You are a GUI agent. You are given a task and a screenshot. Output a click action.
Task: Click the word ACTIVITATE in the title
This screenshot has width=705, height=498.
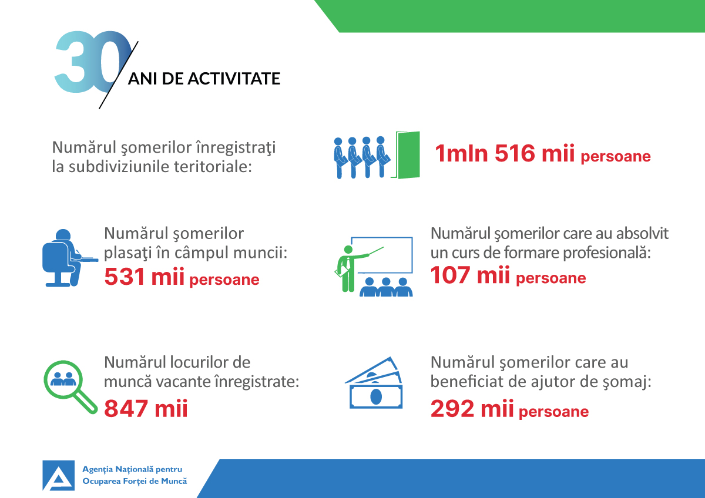(x=234, y=78)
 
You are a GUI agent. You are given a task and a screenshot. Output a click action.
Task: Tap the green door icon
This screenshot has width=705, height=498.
(x=406, y=155)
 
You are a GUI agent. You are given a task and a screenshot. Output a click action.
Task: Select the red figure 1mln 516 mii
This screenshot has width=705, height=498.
(x=505, y=153)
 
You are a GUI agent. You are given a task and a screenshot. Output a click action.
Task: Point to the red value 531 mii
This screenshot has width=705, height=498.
(x=144, y=277)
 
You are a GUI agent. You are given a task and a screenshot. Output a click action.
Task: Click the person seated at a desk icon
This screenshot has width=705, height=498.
(x=70, y=258)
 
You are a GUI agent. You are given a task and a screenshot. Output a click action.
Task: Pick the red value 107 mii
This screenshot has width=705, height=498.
(x=470, y=275)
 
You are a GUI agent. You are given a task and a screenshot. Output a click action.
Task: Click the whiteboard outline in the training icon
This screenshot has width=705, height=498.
(x=382, y=255)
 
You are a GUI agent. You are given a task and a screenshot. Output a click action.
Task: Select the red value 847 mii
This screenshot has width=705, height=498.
(x=146, y=408)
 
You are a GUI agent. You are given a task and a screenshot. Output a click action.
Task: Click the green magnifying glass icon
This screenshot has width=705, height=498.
(x=70, y=386)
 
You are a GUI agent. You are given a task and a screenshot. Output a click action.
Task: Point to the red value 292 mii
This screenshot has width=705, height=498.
(x=472, y=408)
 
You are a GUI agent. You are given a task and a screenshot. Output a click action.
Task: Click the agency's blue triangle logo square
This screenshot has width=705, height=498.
(x=59, y=476)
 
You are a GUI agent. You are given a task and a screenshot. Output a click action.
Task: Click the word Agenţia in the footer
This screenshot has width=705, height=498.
(x=98, y=470)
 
